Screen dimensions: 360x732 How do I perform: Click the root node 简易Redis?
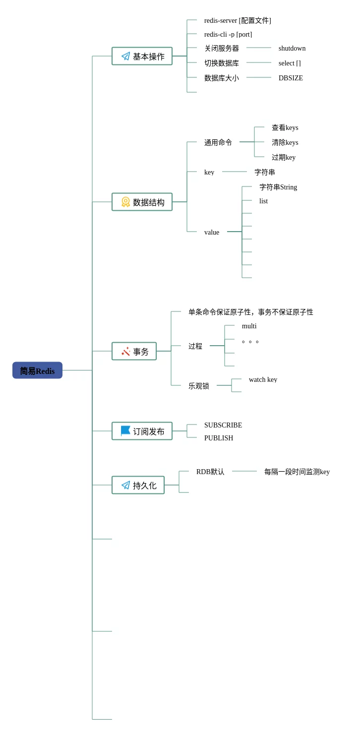coord(37,370)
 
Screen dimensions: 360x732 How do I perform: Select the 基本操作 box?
coord(142,56)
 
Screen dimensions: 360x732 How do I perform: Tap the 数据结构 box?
coord(142,202)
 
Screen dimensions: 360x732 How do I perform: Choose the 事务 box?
coord(134,351)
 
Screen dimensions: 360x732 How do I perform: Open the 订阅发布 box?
coord(142,431)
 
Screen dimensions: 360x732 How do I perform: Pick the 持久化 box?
coord(138,485)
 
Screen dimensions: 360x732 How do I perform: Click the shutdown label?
coord(292,49)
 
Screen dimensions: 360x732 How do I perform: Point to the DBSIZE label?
coord(291,78)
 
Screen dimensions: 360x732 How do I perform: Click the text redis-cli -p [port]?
coord(228,34)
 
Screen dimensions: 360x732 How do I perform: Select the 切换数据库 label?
coord(222,63)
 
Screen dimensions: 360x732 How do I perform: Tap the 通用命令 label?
coord(218,142)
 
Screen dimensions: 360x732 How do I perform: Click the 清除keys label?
coord(285,142)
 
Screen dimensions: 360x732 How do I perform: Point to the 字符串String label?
coord(278,187)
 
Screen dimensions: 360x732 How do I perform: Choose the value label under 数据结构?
coord(212,232)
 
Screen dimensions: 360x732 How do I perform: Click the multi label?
coord(249,326)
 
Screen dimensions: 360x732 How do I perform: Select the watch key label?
coord(263,380)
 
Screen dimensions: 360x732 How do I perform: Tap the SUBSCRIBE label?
coord(223,425)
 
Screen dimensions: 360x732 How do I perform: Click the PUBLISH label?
coord(219,438)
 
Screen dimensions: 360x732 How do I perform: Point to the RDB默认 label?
coord(210,472)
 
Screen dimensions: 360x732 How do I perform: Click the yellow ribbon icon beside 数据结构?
coord(125,202)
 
